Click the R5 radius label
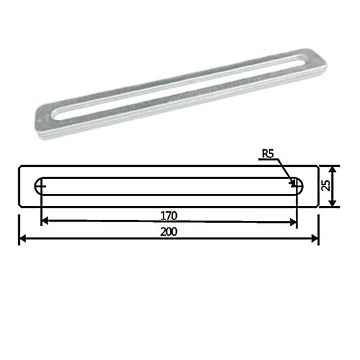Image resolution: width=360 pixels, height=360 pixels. tap(268, 155)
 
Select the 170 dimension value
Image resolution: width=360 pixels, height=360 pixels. tap(169, 215)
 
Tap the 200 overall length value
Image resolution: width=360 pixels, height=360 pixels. tap(169, 231)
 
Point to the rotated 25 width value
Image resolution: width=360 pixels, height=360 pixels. tap(327, 186)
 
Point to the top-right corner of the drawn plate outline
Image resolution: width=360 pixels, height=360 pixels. tap(318, 165)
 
